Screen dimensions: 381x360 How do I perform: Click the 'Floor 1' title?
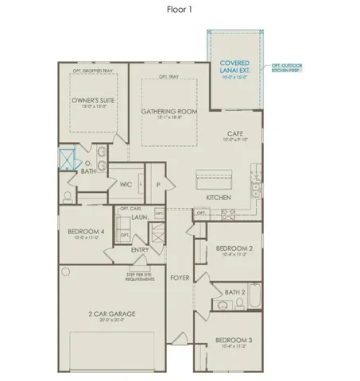(x=179, y=10)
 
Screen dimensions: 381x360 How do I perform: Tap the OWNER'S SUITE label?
(x=90, y=102)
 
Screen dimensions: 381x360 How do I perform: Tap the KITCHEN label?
(x=219, y=196)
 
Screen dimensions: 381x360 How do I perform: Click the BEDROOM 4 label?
(x=83, y=232)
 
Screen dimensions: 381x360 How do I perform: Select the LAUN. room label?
(x=140, y=217)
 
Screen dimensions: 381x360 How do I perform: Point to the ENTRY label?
(x=140, y=250)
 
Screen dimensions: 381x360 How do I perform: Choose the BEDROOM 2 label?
(x=234, y=248)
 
